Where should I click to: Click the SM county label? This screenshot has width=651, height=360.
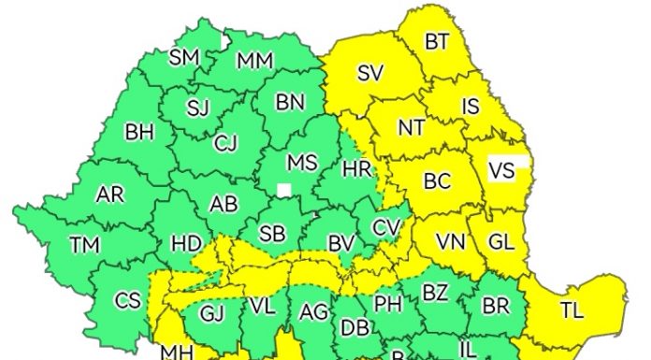pos(184,58)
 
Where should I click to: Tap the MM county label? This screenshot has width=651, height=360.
pos(254,62)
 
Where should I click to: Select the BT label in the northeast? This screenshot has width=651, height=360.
pos(437,42)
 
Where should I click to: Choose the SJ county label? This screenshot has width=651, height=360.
pos(197,108)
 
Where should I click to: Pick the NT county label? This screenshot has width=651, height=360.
pos(412,126)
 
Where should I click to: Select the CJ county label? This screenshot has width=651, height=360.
pos(226,145)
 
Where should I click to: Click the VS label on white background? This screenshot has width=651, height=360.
pos(502,172)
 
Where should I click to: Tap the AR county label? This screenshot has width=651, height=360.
pos(109,195)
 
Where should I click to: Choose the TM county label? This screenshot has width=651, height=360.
pos(84,245)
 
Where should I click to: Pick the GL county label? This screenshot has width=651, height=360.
pos(501,242)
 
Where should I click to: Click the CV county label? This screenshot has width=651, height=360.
pos(385,227)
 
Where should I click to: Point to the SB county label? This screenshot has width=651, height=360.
pos(272,234)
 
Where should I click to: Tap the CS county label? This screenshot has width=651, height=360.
pos(127,300)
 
